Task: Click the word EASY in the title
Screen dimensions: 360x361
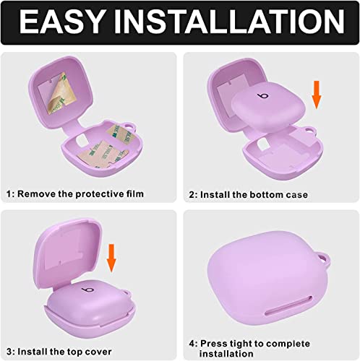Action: tap(61, 22)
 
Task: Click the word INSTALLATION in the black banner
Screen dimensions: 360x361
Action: tap(229, 22)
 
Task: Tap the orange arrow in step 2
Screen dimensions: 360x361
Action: tap(317, 95)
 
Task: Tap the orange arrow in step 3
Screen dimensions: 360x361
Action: tap(111, 258)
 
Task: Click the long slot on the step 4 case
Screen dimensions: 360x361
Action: tap(288, 306)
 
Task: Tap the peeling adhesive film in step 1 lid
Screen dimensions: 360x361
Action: tap(60, 95)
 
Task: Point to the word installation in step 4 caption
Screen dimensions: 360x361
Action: tap(226, 354)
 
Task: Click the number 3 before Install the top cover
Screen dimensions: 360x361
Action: tap(9, 352)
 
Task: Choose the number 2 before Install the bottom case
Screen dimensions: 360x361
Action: tap(192, 194)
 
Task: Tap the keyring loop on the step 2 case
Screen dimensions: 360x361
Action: tap(309, 131)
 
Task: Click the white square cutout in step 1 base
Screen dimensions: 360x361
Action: tap(81, 141)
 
